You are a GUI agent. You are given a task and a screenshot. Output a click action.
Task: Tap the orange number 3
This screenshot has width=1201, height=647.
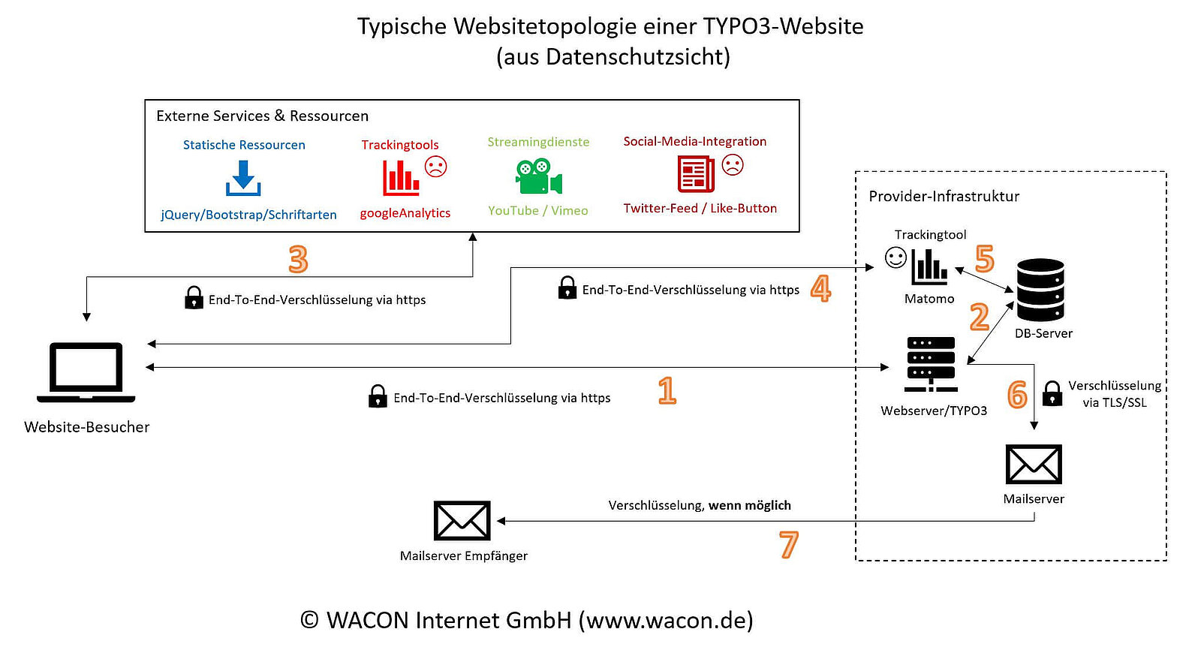(x=298, y=260)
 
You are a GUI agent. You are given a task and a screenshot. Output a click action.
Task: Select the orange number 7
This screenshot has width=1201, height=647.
(x=788, y=545)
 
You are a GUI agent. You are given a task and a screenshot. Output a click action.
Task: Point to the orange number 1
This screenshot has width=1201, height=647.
(x=667, y=391)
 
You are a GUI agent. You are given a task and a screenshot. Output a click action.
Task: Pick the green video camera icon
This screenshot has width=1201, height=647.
(x=538, y=176)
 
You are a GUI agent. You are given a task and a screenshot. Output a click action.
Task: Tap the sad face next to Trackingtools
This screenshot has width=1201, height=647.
(x=435, y=166)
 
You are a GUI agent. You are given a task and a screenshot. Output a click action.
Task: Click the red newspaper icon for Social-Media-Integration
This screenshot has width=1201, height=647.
(x=696, y=174)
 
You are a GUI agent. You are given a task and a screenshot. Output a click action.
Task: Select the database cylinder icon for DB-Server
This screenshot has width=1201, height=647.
(x=1040, y=290)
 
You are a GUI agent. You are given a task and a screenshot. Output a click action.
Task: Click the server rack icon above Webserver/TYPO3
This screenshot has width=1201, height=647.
(x=932, y=364)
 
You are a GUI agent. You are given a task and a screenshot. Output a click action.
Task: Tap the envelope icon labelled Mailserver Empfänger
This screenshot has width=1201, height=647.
(x=462, y=521)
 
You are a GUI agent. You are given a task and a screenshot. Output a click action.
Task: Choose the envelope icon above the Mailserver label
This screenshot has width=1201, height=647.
(x=1034, y=465)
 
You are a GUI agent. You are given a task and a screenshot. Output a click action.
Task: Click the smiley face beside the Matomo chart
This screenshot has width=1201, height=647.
(x=895, y=257)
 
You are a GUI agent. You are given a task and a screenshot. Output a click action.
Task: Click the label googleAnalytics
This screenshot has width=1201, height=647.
(x=405, y=213)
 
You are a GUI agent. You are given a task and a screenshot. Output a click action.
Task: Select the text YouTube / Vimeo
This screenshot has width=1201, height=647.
(x=538, y=211)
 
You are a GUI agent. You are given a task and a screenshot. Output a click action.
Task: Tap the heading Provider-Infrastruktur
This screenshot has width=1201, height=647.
(x=944, y=197)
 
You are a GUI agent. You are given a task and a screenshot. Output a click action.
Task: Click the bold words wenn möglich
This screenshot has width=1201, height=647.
(x=750, y=505)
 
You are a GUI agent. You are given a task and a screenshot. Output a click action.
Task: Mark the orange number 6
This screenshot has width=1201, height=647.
(x=1017, y=395)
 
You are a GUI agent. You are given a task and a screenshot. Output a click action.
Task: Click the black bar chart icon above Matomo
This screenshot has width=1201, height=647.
(x=929, y=266)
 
